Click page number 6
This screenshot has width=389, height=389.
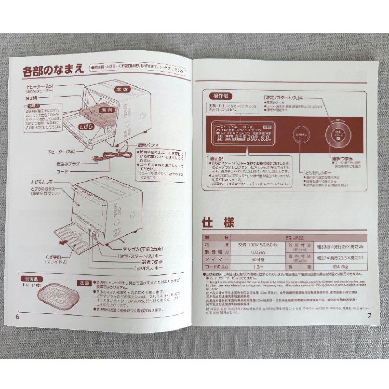17,316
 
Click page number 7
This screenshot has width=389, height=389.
369,316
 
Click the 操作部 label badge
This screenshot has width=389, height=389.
220,96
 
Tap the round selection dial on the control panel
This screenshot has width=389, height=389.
337,134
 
